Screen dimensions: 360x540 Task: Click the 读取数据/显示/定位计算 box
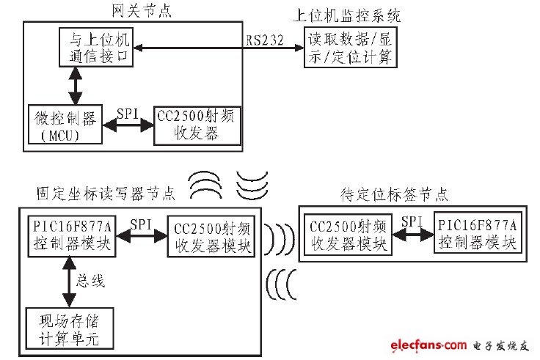[x=351, y=49]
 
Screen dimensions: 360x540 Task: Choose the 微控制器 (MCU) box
[x=64, y=125]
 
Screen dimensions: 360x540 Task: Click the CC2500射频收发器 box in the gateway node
[x=196, y=125]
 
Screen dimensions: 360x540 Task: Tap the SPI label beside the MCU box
[x=129, y=114]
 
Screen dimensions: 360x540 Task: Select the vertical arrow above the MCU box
[x=74, y=87]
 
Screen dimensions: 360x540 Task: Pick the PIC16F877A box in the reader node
[x=70, y=235]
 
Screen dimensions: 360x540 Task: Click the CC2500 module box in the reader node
[x=211, y=236]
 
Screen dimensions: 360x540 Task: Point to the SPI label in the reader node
[x=141, y=223]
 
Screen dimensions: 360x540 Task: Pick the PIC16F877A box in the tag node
[x=476, y=233]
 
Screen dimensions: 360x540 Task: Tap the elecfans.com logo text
[x=428, y=345]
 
